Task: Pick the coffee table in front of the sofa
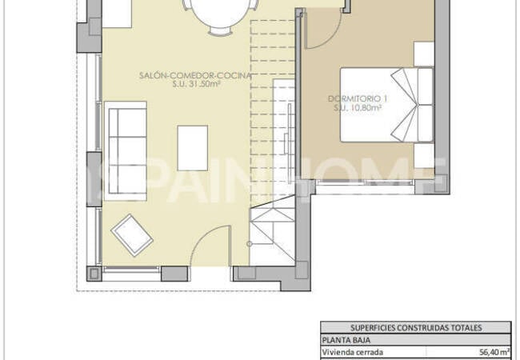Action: click(x=192, y=147)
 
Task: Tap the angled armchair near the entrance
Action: click(x=132, y=233)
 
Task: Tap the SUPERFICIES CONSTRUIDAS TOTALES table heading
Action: click(x=416, y=327)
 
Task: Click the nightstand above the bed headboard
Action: click(x=424, y=53)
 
